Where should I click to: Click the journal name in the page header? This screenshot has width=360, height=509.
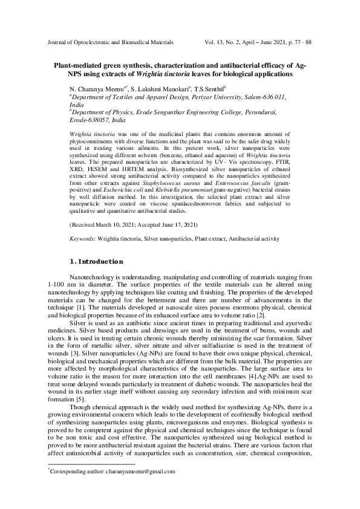click(x=110, y=44)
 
